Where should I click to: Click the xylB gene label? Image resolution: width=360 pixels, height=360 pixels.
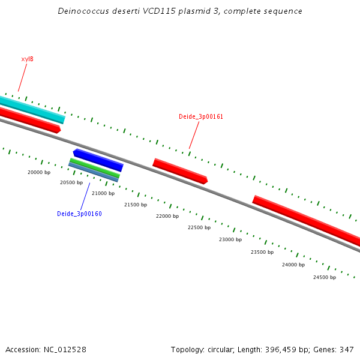coord(27,59)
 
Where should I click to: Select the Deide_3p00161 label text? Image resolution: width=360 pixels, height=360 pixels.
coord(201,116)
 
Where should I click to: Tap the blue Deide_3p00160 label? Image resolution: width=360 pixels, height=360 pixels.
coord(79,214)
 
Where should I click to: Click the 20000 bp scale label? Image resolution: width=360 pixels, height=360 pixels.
coord(39,172)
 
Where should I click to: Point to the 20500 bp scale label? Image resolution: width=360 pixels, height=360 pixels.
coord(71,182)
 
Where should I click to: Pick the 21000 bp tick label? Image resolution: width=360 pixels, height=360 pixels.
coord(103,193)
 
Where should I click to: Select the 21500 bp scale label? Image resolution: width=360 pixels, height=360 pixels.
coord(135,205)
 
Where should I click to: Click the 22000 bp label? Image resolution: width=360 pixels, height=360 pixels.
coord(167,216)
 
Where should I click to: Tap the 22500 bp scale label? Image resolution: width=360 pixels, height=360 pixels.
coord(199,227)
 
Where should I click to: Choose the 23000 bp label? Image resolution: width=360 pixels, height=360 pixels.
coord(230,239)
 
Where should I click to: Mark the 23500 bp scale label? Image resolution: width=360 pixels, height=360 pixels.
coord(262,252)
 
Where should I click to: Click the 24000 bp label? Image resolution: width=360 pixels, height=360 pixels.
coord(293,265)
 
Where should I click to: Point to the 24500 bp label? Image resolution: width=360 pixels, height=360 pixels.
coord(325,277)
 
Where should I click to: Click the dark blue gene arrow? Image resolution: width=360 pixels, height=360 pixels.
coord(98,160)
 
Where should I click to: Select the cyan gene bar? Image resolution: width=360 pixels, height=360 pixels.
coord(33,109)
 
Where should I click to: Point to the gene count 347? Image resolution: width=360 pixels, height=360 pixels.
coord(346,349)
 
